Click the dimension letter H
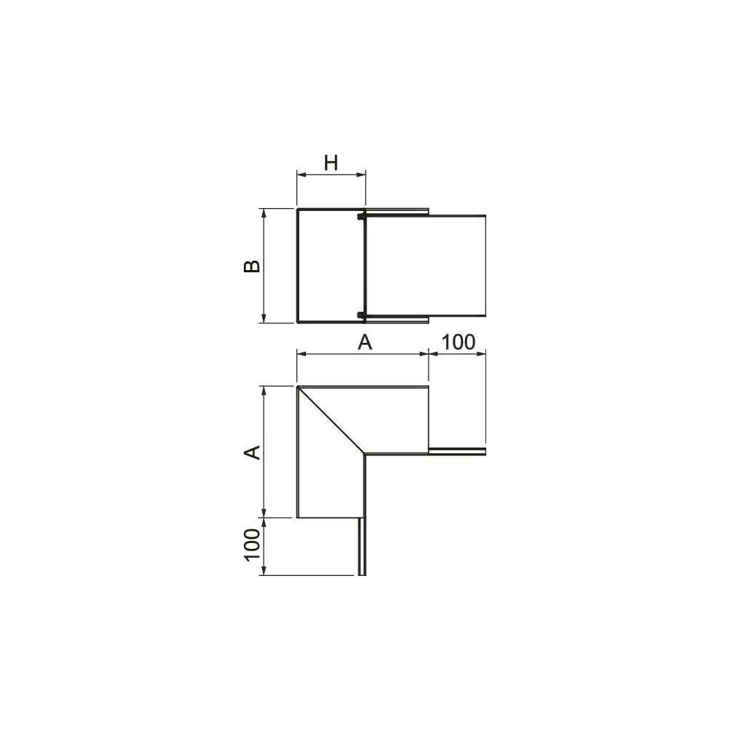tap(331, 163)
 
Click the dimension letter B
tap(253, 266)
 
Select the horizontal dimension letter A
tap(365, 342)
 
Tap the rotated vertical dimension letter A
tap(253, 452)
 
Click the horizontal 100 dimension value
tap(458, 342)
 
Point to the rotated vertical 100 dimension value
tap(253, 545)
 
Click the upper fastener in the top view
tap(360, 217)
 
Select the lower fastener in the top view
tap(360, 315)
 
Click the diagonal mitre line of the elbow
tap(331, 420)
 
